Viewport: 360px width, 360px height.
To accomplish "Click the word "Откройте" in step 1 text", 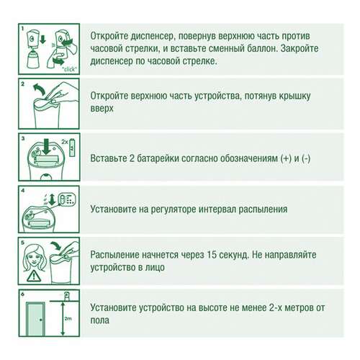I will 114,35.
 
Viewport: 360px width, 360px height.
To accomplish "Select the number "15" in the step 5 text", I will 225,254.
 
